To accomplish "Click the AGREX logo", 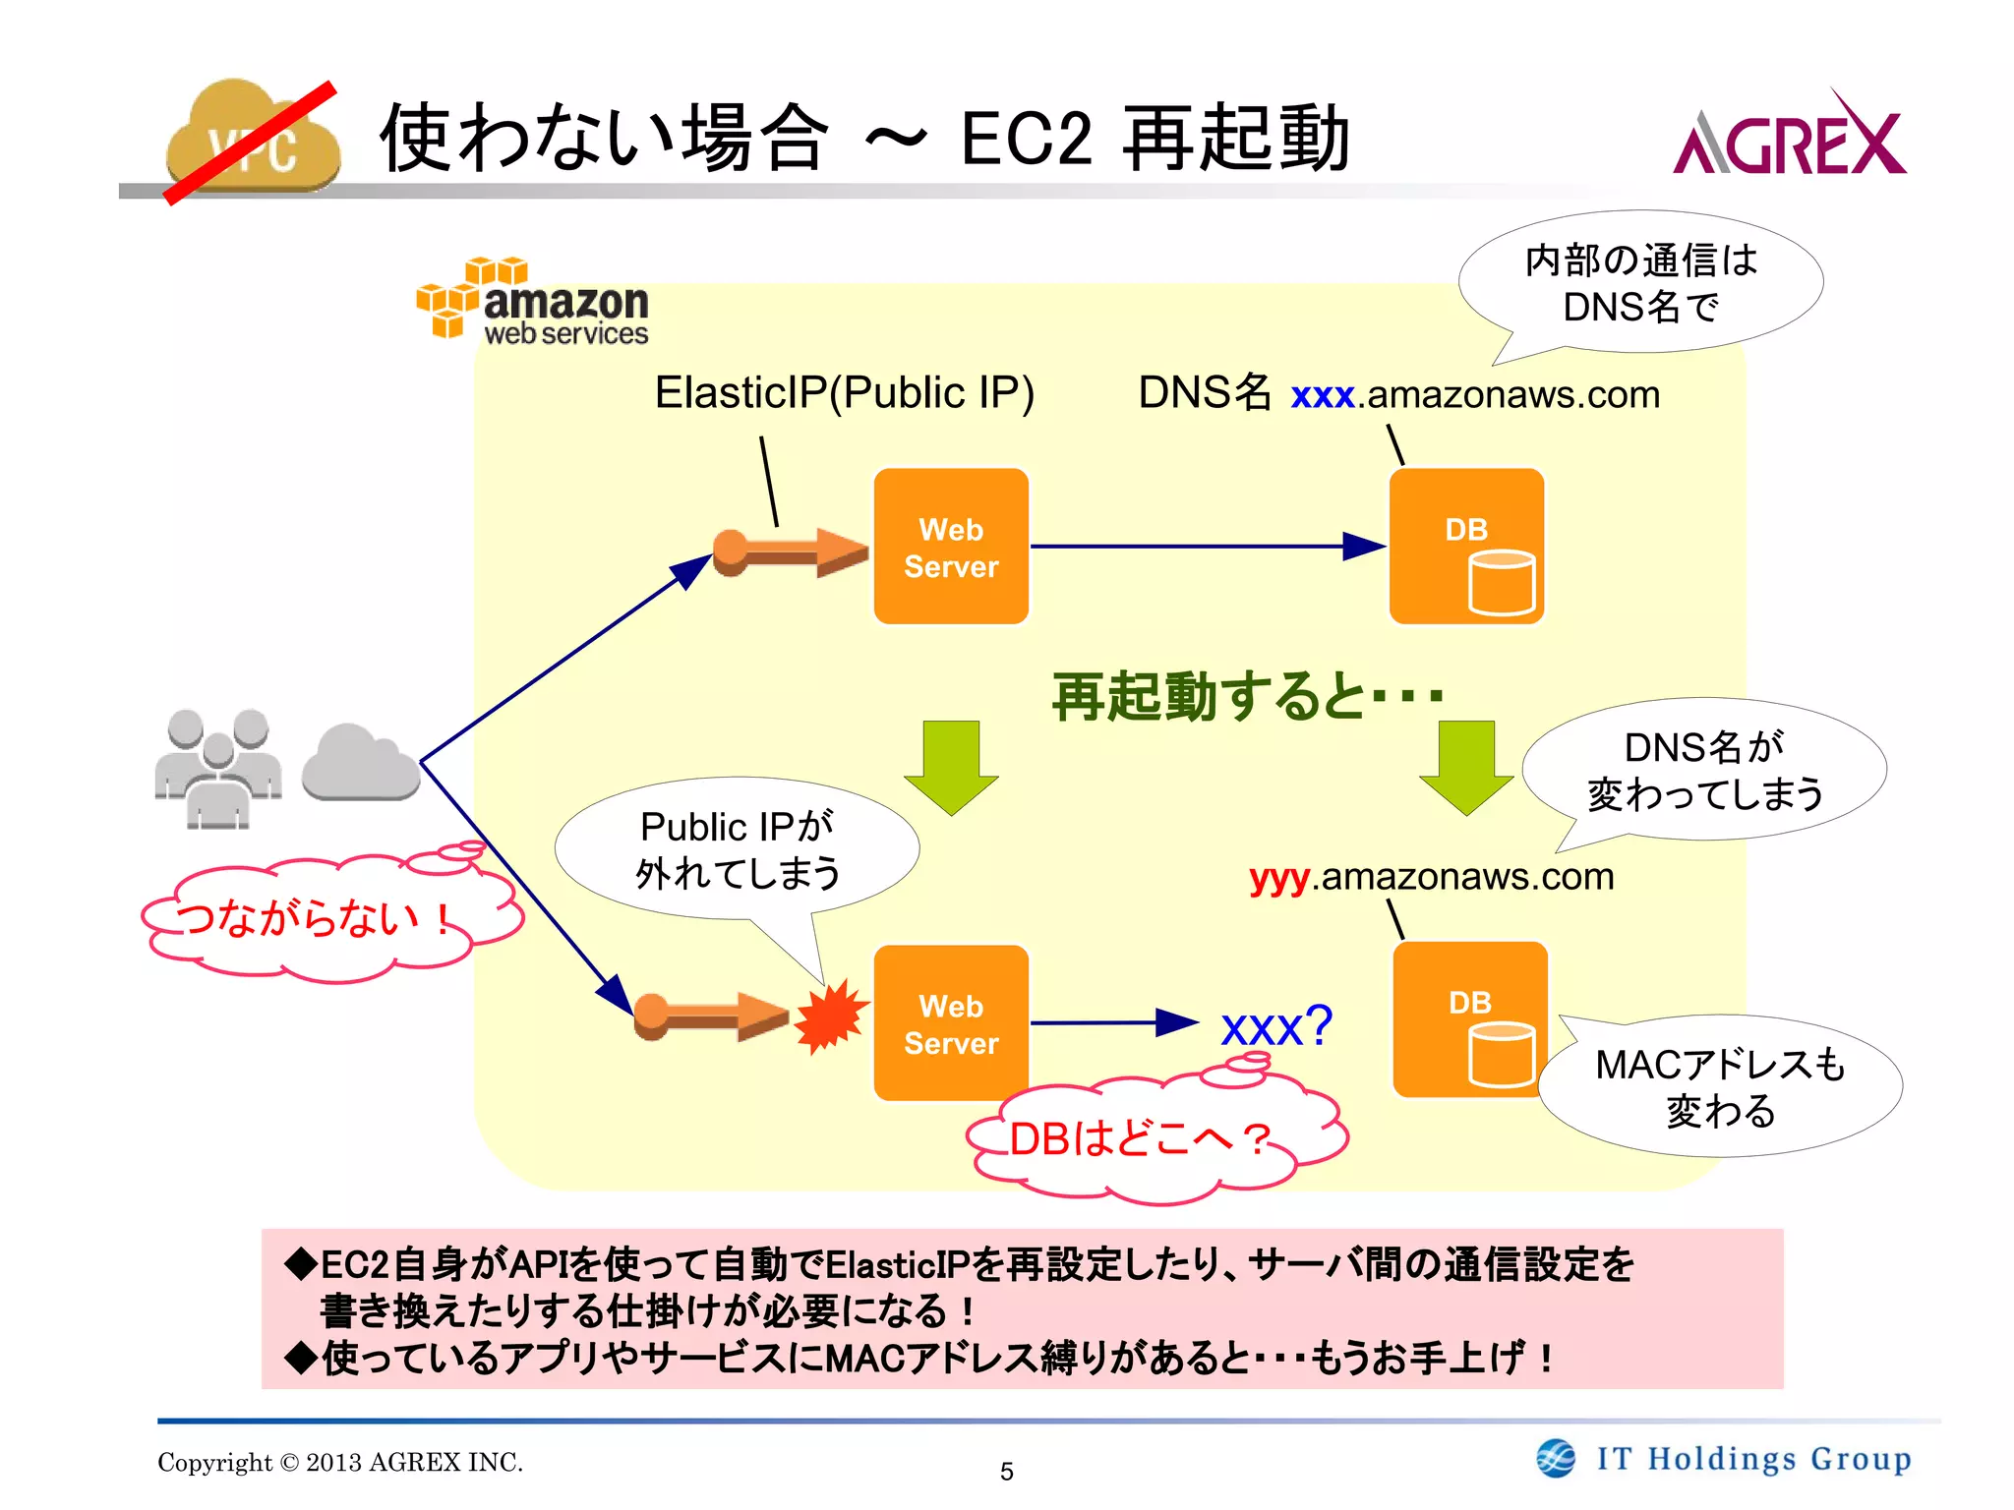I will [x=1789, y=138].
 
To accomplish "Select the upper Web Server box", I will [x=951, y=547].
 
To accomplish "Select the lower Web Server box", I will [x=951, y=1023].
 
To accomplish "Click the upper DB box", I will [x=1466, y=547].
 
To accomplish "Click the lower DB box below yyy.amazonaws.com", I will [x=1470, y=1019].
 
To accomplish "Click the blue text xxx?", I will [x=1275, y=1027].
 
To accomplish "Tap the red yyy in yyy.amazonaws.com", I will [x=1278, y=877].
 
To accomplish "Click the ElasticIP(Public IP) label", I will [x=844, y=392].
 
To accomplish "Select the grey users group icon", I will [x=218, y=768].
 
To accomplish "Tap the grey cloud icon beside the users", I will [x=361, y=763].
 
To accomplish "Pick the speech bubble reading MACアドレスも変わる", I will [x=1719, y=1086].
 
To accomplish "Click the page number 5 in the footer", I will [x=1006, y=1472].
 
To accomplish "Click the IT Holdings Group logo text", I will [x=1753, y=1459].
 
